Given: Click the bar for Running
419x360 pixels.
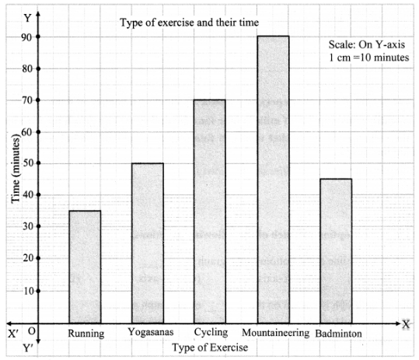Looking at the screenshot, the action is [85, 267].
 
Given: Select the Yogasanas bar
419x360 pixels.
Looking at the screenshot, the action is [148, 243].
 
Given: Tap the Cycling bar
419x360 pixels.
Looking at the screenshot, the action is [210, 211].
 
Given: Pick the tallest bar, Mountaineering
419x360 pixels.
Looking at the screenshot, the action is [274, 180].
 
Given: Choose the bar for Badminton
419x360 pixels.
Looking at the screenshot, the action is [336, 251].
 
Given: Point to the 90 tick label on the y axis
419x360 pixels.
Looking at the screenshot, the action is [26, 37].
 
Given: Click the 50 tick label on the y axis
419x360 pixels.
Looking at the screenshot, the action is [26, 163].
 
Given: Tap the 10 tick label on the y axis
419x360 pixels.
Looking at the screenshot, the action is [28, 291].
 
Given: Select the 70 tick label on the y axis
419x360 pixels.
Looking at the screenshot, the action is [26, 100].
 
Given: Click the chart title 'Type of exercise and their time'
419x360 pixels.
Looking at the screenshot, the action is [189, 23].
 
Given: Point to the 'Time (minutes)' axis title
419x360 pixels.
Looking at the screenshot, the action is [16, 169].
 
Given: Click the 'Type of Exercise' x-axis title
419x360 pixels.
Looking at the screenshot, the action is [210, 348].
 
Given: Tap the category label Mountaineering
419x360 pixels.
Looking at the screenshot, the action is [275, 333].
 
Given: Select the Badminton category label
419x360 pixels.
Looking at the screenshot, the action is [339, 334].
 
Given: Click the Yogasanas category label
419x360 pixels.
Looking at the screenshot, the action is [151, 332].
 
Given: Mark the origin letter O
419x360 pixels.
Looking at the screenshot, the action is [32, 331].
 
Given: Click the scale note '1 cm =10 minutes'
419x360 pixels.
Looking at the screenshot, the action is [368, 58].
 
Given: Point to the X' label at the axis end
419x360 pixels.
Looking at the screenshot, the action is [13, 334].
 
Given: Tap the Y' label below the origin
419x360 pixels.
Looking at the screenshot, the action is [28, 348].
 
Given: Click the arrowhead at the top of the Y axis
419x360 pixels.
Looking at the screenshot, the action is [38, 13].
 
